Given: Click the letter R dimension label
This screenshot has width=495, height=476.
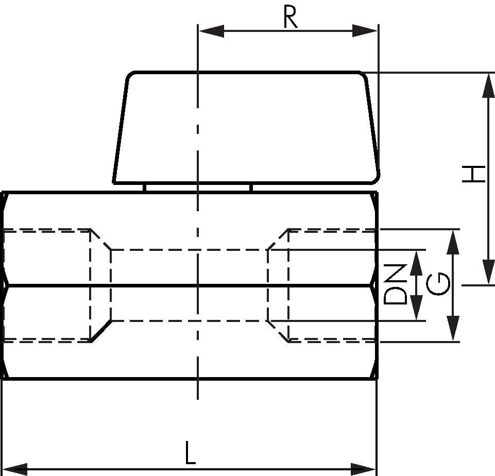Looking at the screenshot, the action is click(290, 16).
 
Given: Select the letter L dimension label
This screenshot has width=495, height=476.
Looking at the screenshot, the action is click(190, 453).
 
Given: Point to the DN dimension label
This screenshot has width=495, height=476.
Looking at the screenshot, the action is click(395, 284).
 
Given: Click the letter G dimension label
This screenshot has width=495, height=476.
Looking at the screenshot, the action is click(438, 284).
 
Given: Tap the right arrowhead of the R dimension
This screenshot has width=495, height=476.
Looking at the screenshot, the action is click(365, 31).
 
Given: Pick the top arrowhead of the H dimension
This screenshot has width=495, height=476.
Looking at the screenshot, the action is click(489, 86).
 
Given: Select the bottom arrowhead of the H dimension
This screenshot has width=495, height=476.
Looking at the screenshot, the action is click(489, 271).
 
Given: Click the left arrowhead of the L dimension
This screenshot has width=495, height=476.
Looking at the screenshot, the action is click(15, 469).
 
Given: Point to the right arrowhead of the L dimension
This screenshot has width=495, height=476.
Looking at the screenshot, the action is click(363, 469).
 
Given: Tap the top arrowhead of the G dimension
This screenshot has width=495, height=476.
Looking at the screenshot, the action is click(453, 242).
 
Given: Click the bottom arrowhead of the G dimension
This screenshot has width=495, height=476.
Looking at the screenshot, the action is click(453, 328).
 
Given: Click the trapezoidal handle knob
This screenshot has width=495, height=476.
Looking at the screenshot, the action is click(246, 128).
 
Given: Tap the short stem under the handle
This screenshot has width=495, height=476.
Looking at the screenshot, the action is click(198, 188).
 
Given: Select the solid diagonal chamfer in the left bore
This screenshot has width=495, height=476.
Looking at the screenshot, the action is click(101, 331).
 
